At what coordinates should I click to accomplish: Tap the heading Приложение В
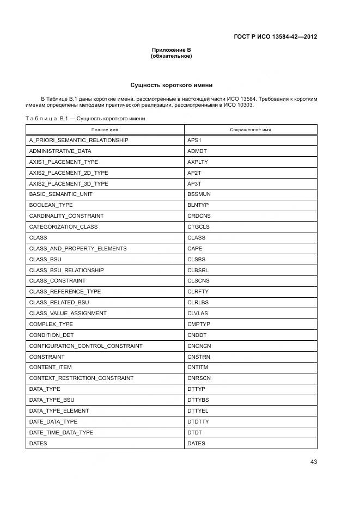point(171,50)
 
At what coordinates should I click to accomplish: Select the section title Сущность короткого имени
point(171,85)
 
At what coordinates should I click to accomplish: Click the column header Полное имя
point(105,130)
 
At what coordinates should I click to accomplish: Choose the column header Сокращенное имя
point(251,130)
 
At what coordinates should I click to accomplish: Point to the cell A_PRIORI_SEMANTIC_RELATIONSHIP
point(78,140)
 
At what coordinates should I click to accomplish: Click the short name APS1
point(194,140)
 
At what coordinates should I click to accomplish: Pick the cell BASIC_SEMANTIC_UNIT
point(60,194)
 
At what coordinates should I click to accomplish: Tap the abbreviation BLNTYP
point(198,205)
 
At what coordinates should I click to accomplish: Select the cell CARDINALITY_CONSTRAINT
point(66,216)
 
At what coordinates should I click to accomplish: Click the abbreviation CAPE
point(195,248)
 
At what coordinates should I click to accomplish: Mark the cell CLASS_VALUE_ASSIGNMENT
point(68,314)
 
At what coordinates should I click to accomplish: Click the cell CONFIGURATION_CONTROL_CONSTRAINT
point(86,346)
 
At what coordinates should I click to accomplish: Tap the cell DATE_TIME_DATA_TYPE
point(61,432)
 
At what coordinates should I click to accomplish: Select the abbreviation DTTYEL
point(198,410)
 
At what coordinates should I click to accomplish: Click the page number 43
point(313,462)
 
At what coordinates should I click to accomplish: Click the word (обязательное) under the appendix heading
point(171,56)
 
